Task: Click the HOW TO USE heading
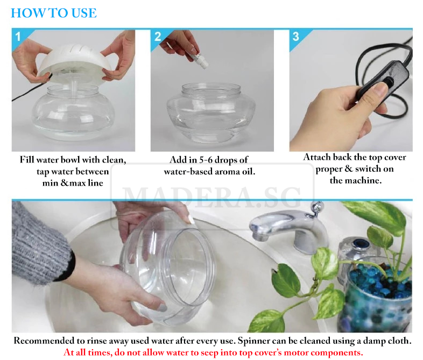pos(54,13)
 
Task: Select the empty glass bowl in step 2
pos(211,112)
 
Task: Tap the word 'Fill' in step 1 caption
pos(27,160)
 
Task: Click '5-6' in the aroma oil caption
pos(206,160)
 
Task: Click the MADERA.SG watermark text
pos(213,197)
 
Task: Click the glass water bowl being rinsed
pos(167,267)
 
